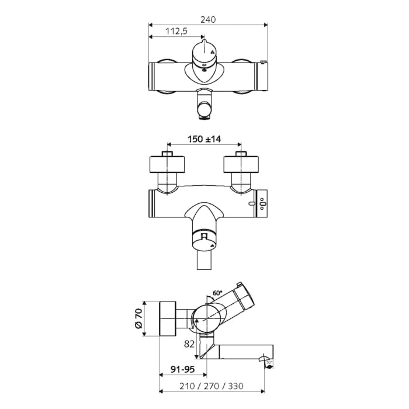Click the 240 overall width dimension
pos(208,19)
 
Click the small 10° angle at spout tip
pos(268,362)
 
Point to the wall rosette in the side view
pos(168,320)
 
